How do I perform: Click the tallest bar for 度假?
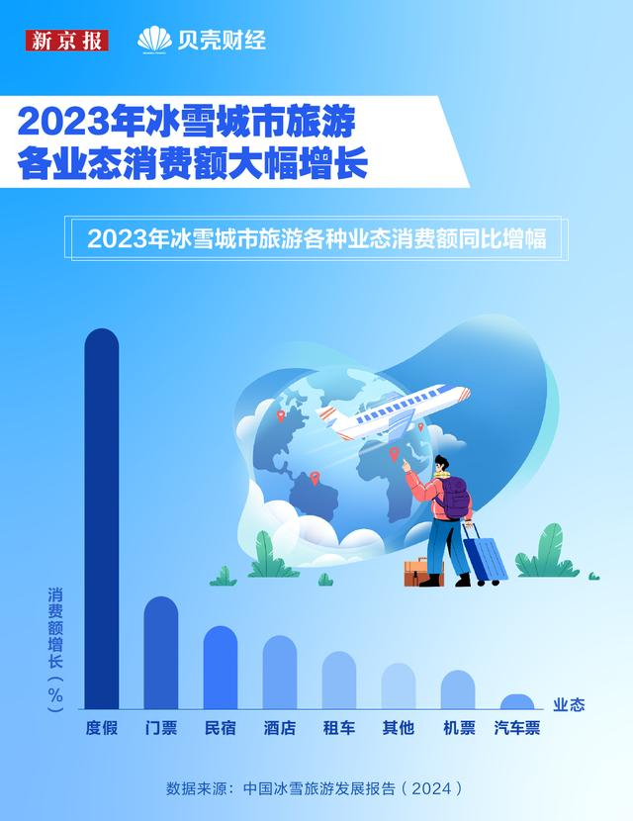[102, 518]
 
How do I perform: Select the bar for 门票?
[161, 653]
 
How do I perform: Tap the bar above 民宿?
[221, 667]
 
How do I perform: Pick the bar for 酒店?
[280, 673]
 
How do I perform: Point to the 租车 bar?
[339, 681]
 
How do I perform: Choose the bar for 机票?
[458, 689]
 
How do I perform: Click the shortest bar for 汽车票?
[517, 701]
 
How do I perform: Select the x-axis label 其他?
[399, 728]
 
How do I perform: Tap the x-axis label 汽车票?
[517, 728]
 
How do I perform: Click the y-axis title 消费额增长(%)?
[55, 649]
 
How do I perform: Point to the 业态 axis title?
[569, 704]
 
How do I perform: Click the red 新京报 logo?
[67, 41]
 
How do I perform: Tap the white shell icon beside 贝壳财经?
[154, 40]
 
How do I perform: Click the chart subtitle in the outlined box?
[316, 238]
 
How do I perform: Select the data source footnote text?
[315, 788]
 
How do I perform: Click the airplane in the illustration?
[393, 412]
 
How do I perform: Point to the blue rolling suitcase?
[484, 555]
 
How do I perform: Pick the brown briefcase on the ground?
[423, 572]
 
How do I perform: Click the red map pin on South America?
[315, 478]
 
